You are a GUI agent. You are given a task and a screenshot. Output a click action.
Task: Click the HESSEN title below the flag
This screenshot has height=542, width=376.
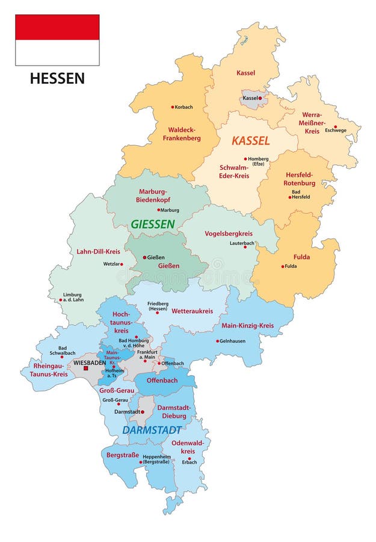tap(57, 78)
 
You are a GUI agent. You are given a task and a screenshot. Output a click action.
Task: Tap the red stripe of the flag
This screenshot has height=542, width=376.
tap(57, 27)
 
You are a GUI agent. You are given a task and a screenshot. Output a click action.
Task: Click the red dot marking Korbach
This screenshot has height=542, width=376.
tap(173, 107)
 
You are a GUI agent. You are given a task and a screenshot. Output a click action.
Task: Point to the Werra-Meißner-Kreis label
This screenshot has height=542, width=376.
tap(312, 122)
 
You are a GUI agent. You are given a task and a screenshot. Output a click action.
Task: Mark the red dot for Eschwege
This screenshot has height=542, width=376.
tap(336, 126)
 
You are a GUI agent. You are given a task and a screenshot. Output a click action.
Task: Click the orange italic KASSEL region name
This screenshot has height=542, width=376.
tap(251, 141)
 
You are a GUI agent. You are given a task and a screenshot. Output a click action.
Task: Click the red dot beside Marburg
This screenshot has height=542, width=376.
tap(159, 210)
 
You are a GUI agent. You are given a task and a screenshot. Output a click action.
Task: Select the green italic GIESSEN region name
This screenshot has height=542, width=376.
tap(153, 224)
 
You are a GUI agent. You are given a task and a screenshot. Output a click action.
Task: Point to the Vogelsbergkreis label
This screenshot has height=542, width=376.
tap(229, 233)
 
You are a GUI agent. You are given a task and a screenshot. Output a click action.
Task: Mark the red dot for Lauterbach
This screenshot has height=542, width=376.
tap(245, 247)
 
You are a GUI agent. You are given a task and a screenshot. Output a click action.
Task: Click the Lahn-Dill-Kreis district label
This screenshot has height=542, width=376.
tap(98, 251)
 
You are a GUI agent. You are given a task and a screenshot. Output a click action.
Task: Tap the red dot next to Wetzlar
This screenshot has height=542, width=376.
tap(121, 264)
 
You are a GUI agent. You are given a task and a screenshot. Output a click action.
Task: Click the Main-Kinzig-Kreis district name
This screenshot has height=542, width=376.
tap(247, 326)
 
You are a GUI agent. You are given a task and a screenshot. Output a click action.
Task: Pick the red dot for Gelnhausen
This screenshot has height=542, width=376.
tap(217, 341)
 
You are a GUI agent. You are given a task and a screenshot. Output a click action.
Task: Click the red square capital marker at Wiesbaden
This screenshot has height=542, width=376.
tap(86, 367)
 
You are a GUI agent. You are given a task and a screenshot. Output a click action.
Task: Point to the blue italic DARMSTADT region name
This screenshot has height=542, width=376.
tap(152, 430)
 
